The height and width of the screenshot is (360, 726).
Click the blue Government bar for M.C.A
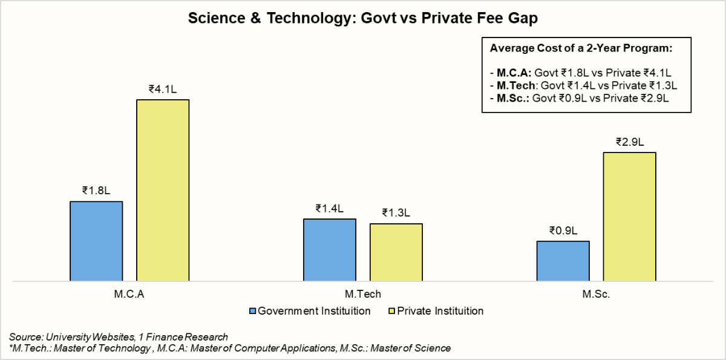click(96, 241)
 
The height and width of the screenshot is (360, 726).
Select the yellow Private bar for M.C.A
click(163, 191)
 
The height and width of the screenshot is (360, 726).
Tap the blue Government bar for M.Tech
click(330, 250)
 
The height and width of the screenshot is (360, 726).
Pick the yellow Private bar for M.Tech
click(396, 252)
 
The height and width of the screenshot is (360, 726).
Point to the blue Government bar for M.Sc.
click(563, 261)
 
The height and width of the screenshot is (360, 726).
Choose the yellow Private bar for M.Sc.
click(630, 217)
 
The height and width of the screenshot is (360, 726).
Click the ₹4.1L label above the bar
click(163, 89)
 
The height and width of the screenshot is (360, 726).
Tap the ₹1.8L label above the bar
click(96, 191)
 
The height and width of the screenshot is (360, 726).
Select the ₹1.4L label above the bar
click(330, 209)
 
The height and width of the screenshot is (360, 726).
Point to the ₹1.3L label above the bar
click(396, 213)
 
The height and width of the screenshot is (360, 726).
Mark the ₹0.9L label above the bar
click(563, 231)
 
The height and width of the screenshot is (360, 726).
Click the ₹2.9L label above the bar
click(630, 142)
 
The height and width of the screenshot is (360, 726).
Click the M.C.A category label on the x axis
click(129, 295)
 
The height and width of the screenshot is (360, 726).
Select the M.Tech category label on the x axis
click(363, 295)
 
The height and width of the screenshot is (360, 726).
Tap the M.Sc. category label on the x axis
click(597, 295)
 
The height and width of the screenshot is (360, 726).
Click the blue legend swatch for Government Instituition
click(253, 312)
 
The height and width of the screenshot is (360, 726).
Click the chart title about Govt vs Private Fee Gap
click(363, 18)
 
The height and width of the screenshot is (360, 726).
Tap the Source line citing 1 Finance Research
click(119, 336)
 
